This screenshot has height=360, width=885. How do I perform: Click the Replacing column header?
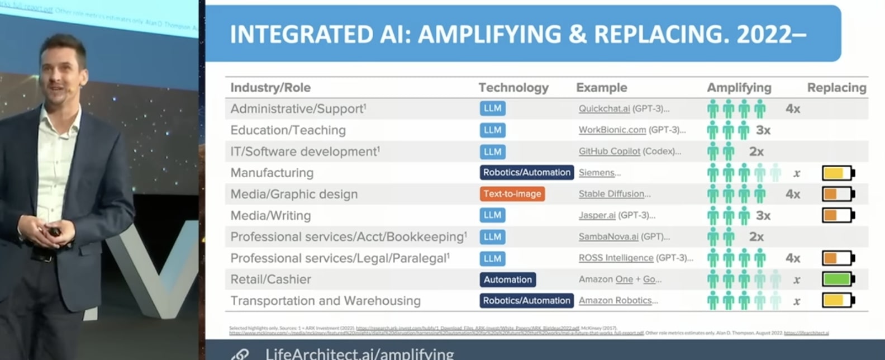click(836, 88)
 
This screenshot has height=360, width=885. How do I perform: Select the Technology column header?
click(513, 88)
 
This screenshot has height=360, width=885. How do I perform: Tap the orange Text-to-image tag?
click(512, 194)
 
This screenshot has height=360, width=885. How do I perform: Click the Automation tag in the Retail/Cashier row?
click(507, 280)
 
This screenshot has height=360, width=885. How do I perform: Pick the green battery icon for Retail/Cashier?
click(838, 280)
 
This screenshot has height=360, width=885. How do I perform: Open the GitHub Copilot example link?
click(610, 151)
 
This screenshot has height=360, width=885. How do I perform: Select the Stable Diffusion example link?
click(611, 194)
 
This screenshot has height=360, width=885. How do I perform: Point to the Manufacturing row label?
click(272, 173)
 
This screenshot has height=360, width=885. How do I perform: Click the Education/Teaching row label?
click(288, 130)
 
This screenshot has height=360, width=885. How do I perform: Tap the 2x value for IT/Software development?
click(756, 151)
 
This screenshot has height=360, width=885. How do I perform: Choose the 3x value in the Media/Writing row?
click(763, 216)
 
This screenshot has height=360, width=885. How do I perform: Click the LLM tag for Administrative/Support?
click(492, 108)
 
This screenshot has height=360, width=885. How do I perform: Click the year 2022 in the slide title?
click(764, 35)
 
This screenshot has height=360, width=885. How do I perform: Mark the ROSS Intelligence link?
click(616, 258)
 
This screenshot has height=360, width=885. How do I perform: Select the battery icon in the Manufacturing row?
click(838, 173)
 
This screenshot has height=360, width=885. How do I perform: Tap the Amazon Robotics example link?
click(615, 301)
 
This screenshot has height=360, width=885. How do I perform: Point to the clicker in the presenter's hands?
click(54, 231)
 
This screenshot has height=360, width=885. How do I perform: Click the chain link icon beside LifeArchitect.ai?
click(241, 354)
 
